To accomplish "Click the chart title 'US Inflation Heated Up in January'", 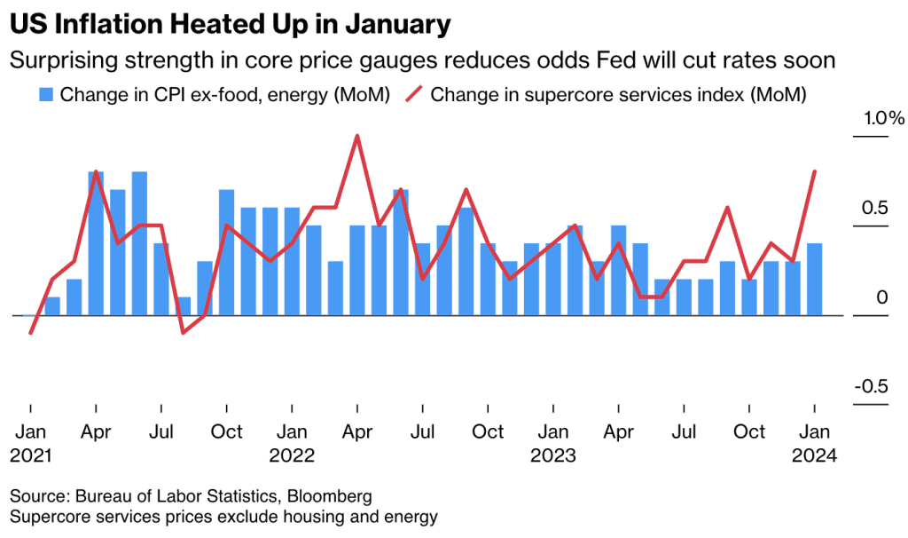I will [x=229, y=24].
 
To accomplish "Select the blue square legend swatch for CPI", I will [x=45, y=95].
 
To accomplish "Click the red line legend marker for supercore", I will [x=413, y=95].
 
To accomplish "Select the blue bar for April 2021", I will [x=96, y=243].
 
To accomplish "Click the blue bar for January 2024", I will [x=814, y=279].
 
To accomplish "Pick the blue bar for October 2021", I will [x=226, y=252].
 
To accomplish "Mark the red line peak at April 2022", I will [x=356, y=137].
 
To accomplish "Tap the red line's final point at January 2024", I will [x=814, y=171].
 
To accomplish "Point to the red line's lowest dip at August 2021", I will [x=183, y=333].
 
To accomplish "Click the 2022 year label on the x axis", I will [x=292, y=455].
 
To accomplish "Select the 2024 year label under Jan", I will [x=815, y=455].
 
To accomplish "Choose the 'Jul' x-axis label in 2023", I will [x=684, y=432].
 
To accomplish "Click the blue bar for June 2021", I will [x=139, y=243].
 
